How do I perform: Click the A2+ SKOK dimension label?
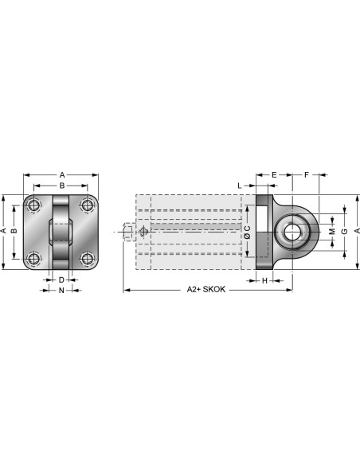click(206, 289)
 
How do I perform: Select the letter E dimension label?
click(274, 175)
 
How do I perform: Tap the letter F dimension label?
click(307, 175)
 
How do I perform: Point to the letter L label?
click(240, 186)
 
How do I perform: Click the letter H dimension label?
click(264, 280)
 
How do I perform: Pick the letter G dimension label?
click(345, 231)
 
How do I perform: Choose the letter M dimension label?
click(332, 231)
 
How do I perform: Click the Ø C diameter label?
click(248, 232)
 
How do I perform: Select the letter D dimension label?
click(61, 280)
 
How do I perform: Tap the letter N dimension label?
click(61, 291)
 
